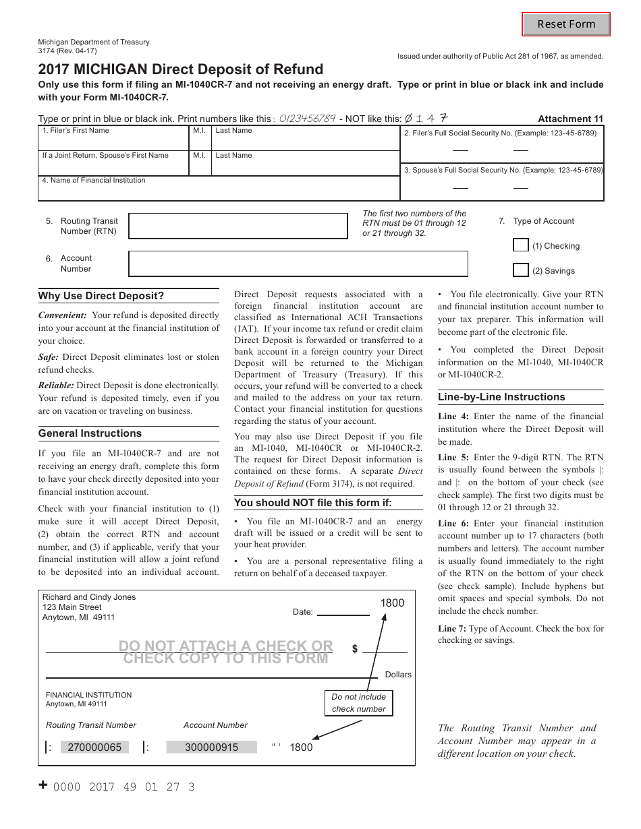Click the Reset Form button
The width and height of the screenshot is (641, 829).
click(566, 24)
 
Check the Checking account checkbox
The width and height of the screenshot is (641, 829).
click(520, 245)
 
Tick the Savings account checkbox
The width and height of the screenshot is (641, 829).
click(520, 270)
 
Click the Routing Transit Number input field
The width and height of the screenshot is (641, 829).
click(238, 226)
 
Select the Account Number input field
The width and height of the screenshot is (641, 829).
click(298, 264)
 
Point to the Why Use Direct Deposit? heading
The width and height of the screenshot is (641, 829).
click(101, 296)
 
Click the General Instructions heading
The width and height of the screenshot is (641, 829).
click(90, 433)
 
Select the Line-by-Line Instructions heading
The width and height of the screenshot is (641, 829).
click(501, 397)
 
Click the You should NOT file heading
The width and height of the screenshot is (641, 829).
click(312, 503)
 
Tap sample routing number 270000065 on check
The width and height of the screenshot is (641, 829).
click(96, 747)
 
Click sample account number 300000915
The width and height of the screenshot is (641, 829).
click(211, 747)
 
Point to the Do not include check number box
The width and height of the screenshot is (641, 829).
click(358, 703)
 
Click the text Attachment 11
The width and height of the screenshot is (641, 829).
click(570, 119)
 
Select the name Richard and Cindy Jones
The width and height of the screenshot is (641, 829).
click(88, 597)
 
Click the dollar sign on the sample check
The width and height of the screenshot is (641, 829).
click(354, 649)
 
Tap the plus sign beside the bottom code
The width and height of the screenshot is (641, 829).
click(43, 785)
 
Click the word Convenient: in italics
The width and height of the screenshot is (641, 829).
click(62, 315)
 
